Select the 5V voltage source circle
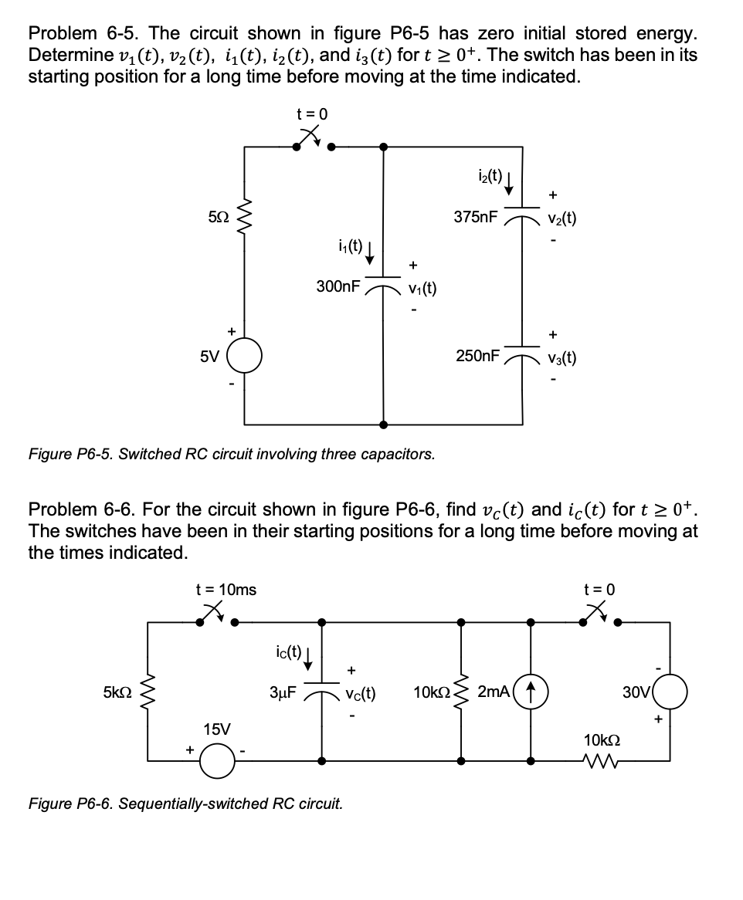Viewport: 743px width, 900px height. click(x=245, y=357)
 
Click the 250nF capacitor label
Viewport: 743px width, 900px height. click(x=477, y=356)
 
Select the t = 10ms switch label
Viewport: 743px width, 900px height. click(x=226, y=590)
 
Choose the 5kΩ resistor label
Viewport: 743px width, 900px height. click(x=117, y=692)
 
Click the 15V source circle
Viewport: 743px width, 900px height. click(x=217, y=760)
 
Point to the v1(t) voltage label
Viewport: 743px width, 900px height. click(x=422, y=289)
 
